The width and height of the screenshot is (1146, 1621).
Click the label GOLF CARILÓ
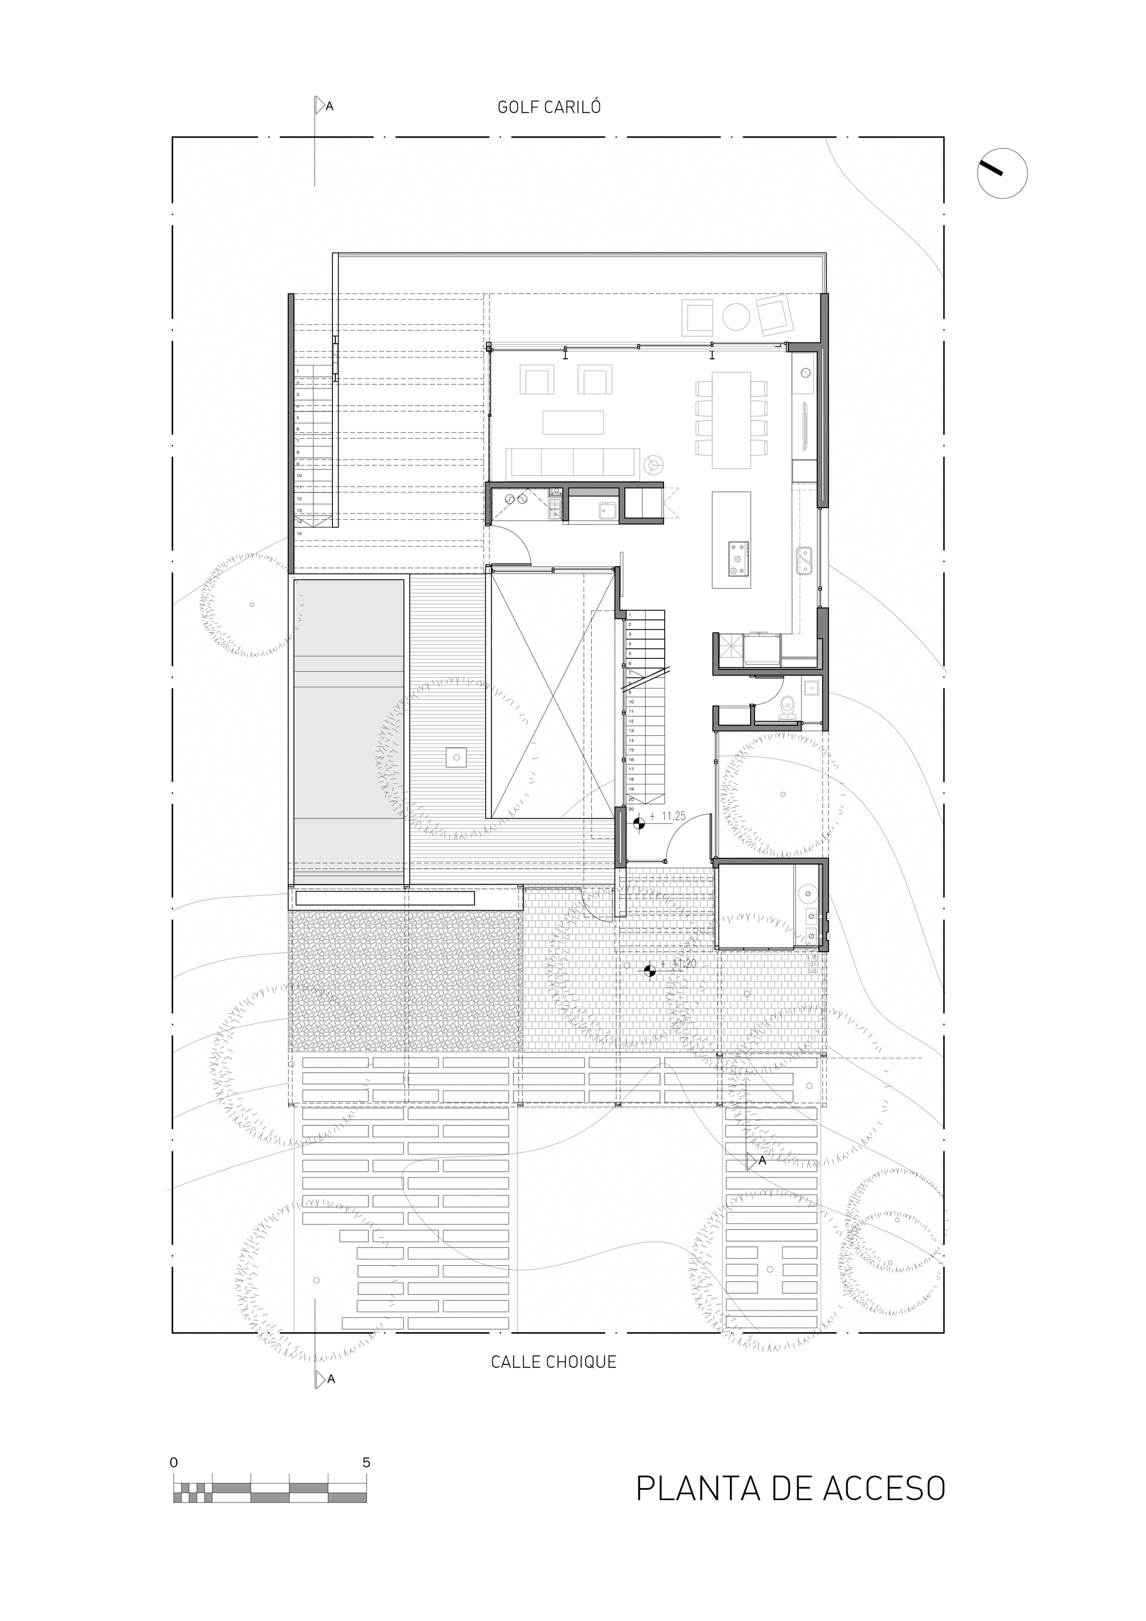coord(550,107)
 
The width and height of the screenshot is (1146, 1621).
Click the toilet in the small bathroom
coord(787,707)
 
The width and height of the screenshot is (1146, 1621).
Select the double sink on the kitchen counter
coord(804,562)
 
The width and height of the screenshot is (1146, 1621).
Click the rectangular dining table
coord(732,420)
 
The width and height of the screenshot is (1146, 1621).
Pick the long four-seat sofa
coord(574,463)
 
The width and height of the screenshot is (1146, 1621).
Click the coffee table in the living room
coord(574,422)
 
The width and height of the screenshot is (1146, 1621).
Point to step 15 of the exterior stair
coord(299,533)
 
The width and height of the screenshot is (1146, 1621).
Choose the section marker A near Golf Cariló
coord(324,107)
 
